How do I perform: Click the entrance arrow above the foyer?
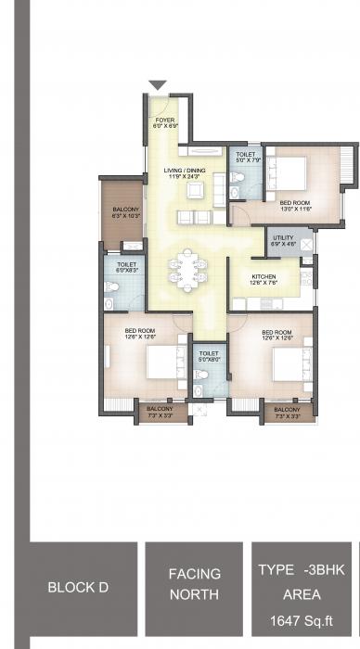click(x=158, y=85)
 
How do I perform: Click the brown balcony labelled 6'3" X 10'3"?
click(x=125, y=213)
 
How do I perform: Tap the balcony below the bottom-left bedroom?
click(x=161, y=409)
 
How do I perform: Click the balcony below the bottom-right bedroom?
click(x=286, y=409)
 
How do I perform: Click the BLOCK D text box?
click(x=83, y=588)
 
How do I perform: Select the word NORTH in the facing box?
click(x=194, y=594)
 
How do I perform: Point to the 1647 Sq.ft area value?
click(x=302, y=623)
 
